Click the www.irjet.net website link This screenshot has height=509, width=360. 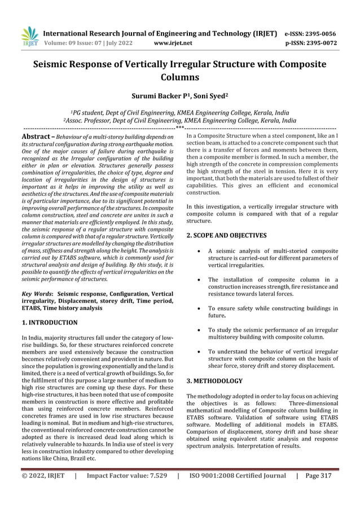tap(173, 42)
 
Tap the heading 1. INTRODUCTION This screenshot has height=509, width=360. tap(49, 322)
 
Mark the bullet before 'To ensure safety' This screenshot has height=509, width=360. tap(201, 309)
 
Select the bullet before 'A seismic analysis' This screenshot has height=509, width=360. tap(201, 251)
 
